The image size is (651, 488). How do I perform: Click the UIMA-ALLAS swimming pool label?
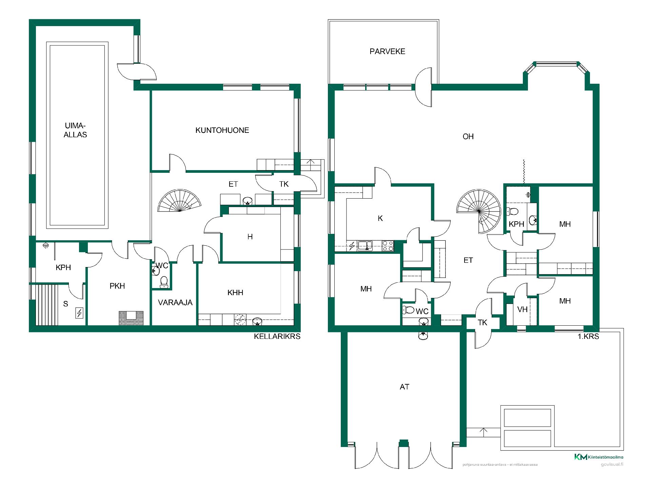(75, 130)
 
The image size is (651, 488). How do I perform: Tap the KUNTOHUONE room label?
(222, 130)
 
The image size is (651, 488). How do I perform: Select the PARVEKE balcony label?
(387, 52)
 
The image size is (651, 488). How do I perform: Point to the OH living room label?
(468, 137)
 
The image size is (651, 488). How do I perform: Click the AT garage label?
(405, 387)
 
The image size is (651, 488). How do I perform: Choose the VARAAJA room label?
(175, 303)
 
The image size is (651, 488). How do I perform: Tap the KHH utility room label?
(235, 293)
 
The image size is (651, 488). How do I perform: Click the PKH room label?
(117, 286)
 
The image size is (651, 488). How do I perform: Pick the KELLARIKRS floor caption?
(277, 337)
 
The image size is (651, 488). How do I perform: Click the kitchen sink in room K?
(364, 245)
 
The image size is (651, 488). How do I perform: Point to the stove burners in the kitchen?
(388, 246)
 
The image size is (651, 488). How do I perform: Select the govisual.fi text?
(614, 464)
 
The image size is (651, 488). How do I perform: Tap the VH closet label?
(522, 309)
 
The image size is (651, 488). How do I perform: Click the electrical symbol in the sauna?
(79, 313)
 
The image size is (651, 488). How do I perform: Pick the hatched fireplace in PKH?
(131, 318)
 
